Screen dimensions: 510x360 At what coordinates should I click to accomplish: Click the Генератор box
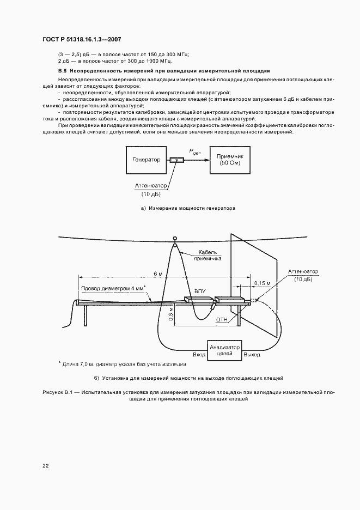(147, 160)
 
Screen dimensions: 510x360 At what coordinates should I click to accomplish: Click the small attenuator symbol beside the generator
(176, 160)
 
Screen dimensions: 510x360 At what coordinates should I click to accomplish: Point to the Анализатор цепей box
(224, 350)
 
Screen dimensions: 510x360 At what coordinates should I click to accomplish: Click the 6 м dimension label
(157, 273)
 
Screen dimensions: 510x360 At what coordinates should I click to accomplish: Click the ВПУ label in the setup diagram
(200, 292)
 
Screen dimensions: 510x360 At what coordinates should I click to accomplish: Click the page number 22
(45, 465)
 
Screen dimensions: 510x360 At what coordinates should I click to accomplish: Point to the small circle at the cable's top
(175, 238)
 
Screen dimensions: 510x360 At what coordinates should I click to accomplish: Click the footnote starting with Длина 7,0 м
(123, 363)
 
